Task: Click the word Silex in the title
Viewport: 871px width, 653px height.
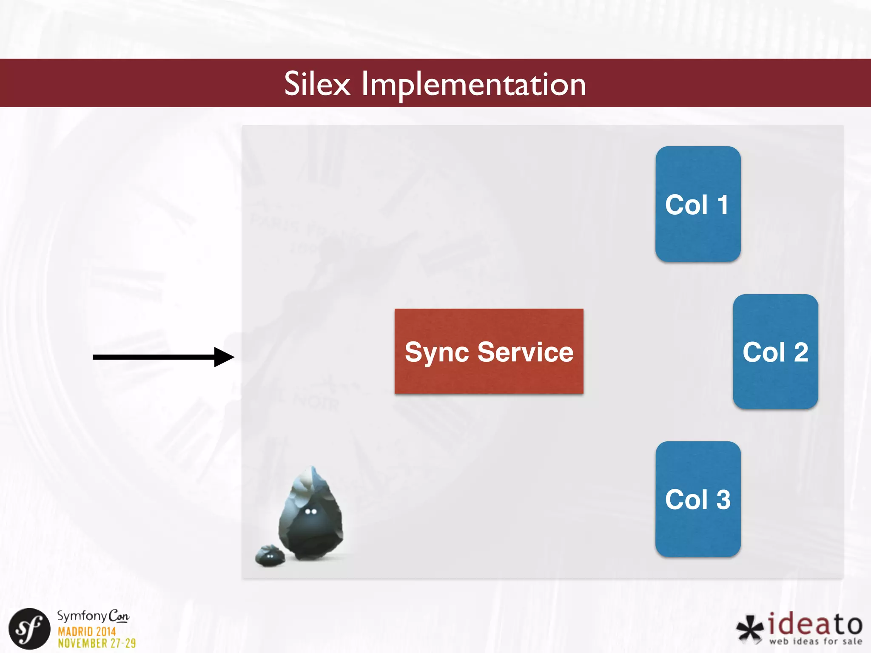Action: click(x=317, y=84)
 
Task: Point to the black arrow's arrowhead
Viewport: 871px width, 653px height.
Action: click(x=224, y=357)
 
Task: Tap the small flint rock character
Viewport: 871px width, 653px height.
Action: click(x=270, y=556)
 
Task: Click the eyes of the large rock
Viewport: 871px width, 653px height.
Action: click(x=311, y=511)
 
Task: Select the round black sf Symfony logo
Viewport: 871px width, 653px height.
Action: click(x=29, y=629)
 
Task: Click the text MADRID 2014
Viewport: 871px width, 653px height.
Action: click(x=87, y=632)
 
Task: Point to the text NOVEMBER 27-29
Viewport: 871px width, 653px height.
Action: click(x=97, y=644)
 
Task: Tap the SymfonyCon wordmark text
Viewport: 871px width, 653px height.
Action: click(x=93, y=616)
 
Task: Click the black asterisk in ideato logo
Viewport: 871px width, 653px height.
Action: click(x=750, y=628)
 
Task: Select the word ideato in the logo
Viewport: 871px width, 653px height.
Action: click(x=815, y=624)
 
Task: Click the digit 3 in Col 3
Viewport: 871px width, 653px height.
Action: click(x=723, y=500)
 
